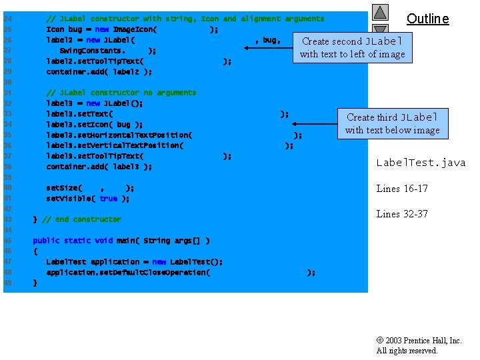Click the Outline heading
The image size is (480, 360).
[427, 19]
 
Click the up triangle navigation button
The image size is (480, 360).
[380, 12]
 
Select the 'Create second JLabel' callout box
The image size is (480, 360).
[353, 47]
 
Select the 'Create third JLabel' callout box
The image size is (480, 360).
[392, 123]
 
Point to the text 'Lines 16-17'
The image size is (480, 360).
[402, 189]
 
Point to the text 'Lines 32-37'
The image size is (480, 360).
[402, 214]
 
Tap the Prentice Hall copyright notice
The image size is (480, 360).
[419, 345]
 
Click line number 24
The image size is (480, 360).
[7, 19]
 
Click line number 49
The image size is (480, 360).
[7, 283]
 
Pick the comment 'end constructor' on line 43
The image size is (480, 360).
[81, 219]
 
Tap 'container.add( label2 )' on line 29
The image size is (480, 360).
[99, 71]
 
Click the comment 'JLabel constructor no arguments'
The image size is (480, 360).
[121, 93]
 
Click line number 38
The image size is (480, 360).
[7, 167]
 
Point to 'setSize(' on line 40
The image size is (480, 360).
[64, 187]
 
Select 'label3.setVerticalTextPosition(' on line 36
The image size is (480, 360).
[115, 145]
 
